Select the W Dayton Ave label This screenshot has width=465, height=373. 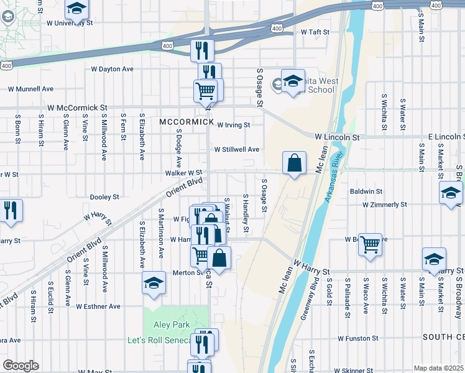point(112,69)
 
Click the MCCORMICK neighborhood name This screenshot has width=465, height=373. point(186,122)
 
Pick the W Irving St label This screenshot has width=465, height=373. point(233,125)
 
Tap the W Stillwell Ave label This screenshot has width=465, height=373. point(237,150)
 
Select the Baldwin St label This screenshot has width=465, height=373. point(366,191)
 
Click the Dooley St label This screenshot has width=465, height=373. point(104,197)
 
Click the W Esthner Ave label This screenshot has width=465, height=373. point(98,306)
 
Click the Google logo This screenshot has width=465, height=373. point(21,366)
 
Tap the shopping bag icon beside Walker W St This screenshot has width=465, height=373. point(295,163)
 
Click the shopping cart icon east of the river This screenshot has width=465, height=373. point(370,244)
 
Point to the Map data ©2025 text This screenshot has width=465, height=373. point(438,368)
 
